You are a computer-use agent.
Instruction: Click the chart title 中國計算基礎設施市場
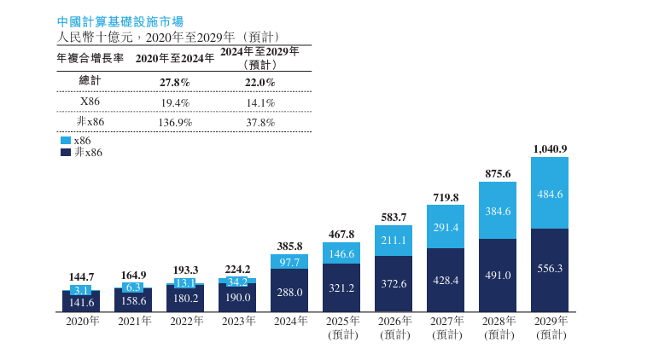(119, 20)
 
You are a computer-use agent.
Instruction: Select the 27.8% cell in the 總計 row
(175, 82)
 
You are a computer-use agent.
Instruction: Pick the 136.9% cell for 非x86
(175, 122)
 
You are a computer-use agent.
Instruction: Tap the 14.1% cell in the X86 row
(260, 102)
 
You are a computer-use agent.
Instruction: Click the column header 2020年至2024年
(175, 58)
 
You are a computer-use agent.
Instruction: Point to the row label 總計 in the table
(90, 81)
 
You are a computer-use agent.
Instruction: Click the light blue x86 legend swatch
(65, 141)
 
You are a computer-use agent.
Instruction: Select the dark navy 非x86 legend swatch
(65, 153)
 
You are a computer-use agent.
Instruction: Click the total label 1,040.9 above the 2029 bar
(550, 148)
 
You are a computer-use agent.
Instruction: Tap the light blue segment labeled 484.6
(550, 194)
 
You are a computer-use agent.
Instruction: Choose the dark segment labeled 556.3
(550, 268)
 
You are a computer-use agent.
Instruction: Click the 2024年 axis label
(289, 322)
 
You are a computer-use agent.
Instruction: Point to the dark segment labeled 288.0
(289, 291)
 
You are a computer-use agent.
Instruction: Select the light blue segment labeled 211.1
(394, 241)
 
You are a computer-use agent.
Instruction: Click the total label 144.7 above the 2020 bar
(81, 277)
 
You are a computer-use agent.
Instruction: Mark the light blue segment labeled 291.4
(446, 227)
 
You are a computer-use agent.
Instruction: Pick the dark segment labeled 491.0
(498, 275)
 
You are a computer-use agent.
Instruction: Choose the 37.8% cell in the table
(260, 122)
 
